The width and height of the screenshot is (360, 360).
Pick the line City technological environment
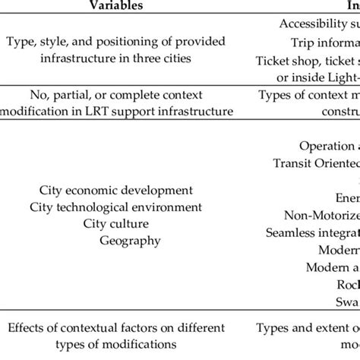(116, 207)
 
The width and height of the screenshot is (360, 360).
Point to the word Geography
(130, 240)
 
